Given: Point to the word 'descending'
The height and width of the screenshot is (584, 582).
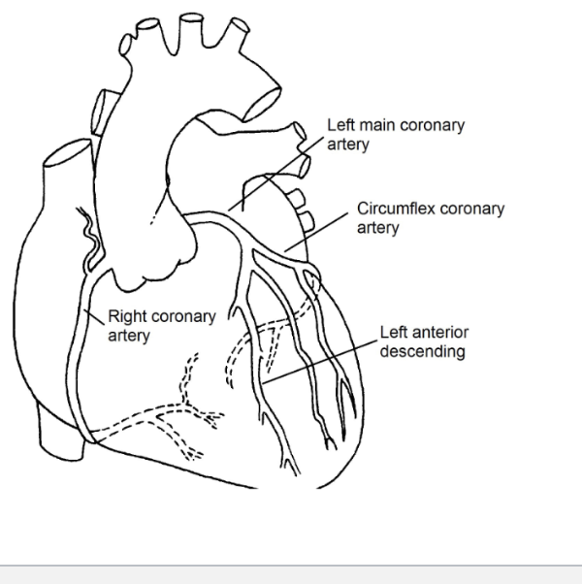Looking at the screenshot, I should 422,350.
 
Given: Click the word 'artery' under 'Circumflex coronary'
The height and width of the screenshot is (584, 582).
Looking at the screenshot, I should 377,227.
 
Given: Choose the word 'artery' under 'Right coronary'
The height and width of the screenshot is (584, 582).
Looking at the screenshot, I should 128,335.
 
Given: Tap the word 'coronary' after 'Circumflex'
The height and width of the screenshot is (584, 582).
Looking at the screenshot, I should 470,210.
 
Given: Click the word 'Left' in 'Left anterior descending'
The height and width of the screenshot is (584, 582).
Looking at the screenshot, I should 393,334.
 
